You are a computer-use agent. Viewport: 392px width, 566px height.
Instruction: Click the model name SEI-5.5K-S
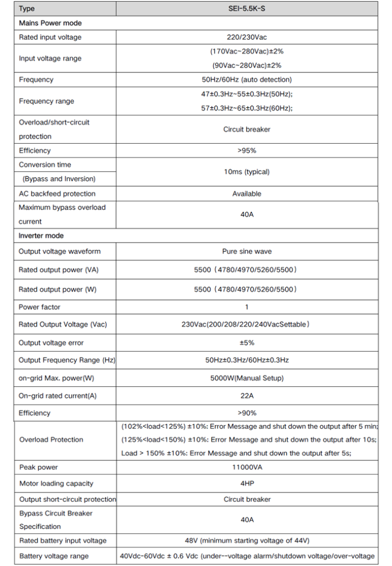[x=247, y=9]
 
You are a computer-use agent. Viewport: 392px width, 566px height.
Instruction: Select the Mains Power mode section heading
[x=50, y=23]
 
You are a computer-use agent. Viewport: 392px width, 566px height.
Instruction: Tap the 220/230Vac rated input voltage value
[x=247, y=37]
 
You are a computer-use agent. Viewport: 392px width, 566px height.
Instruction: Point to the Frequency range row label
[x=46, y=101]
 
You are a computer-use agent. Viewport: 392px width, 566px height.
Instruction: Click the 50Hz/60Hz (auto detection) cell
[x=247, y=80]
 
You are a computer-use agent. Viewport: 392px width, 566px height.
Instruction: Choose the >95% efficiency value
[x=247, y=150]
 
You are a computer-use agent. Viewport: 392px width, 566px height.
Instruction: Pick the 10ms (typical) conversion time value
[x=247, y=172]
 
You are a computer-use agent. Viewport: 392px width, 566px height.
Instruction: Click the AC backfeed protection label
[x=57, y=193]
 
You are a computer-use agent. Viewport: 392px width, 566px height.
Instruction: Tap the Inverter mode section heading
[x=41, y=235]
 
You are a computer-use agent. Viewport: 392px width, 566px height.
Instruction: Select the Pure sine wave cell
[x=247, y=251]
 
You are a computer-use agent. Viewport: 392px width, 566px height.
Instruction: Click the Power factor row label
[x=40, y=307]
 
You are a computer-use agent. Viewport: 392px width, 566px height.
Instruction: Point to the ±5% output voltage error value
[x=247, y=343]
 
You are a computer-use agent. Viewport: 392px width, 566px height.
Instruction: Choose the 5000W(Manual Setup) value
[x=247, y=378]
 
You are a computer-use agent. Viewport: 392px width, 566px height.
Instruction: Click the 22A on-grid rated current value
[x=247, y=396]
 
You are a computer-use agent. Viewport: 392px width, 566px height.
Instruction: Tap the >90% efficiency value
[x=247, y=413]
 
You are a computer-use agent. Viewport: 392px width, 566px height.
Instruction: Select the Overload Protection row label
[x=51, y=439]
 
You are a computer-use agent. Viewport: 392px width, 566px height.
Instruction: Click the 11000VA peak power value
[x=247, y=468]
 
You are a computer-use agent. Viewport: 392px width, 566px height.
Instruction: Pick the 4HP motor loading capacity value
[x=247, y=484]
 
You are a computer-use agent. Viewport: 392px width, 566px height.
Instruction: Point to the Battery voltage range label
[x=54, y=556]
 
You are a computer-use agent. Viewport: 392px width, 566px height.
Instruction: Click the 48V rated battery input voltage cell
[x=247, y=541]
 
